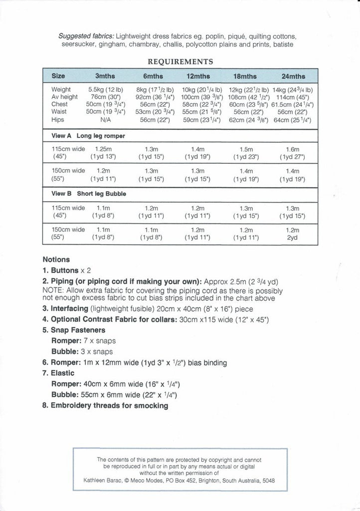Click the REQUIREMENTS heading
coord(180,62)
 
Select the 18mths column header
coord(245,76)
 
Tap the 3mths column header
coord(105,76)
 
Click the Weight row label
coord(61,89)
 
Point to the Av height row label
coord(64,97)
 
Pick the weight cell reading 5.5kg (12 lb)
coord(105,89)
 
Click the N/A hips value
coord(105,120)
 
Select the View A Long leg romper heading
coord(88,136)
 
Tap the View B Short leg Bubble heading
coord(89,194)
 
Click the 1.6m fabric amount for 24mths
coord(292,149)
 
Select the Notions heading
coord(56,259)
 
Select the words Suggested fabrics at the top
coord(86,36)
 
